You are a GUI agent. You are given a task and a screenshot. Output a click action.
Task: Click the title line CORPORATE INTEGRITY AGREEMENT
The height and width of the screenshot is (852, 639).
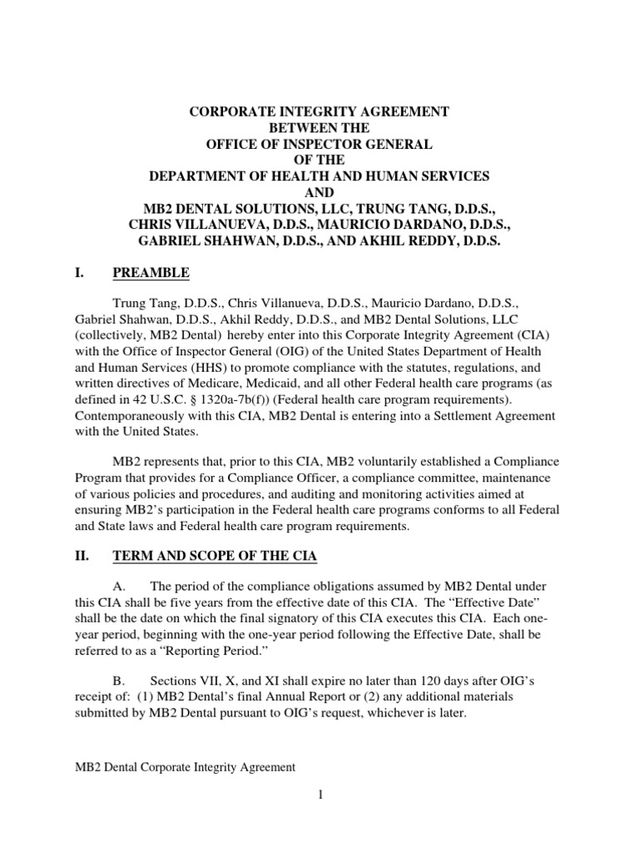(x=319, y=111)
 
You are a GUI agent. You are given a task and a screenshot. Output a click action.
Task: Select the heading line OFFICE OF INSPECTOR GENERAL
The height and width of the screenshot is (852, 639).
(x=319, y=144)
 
